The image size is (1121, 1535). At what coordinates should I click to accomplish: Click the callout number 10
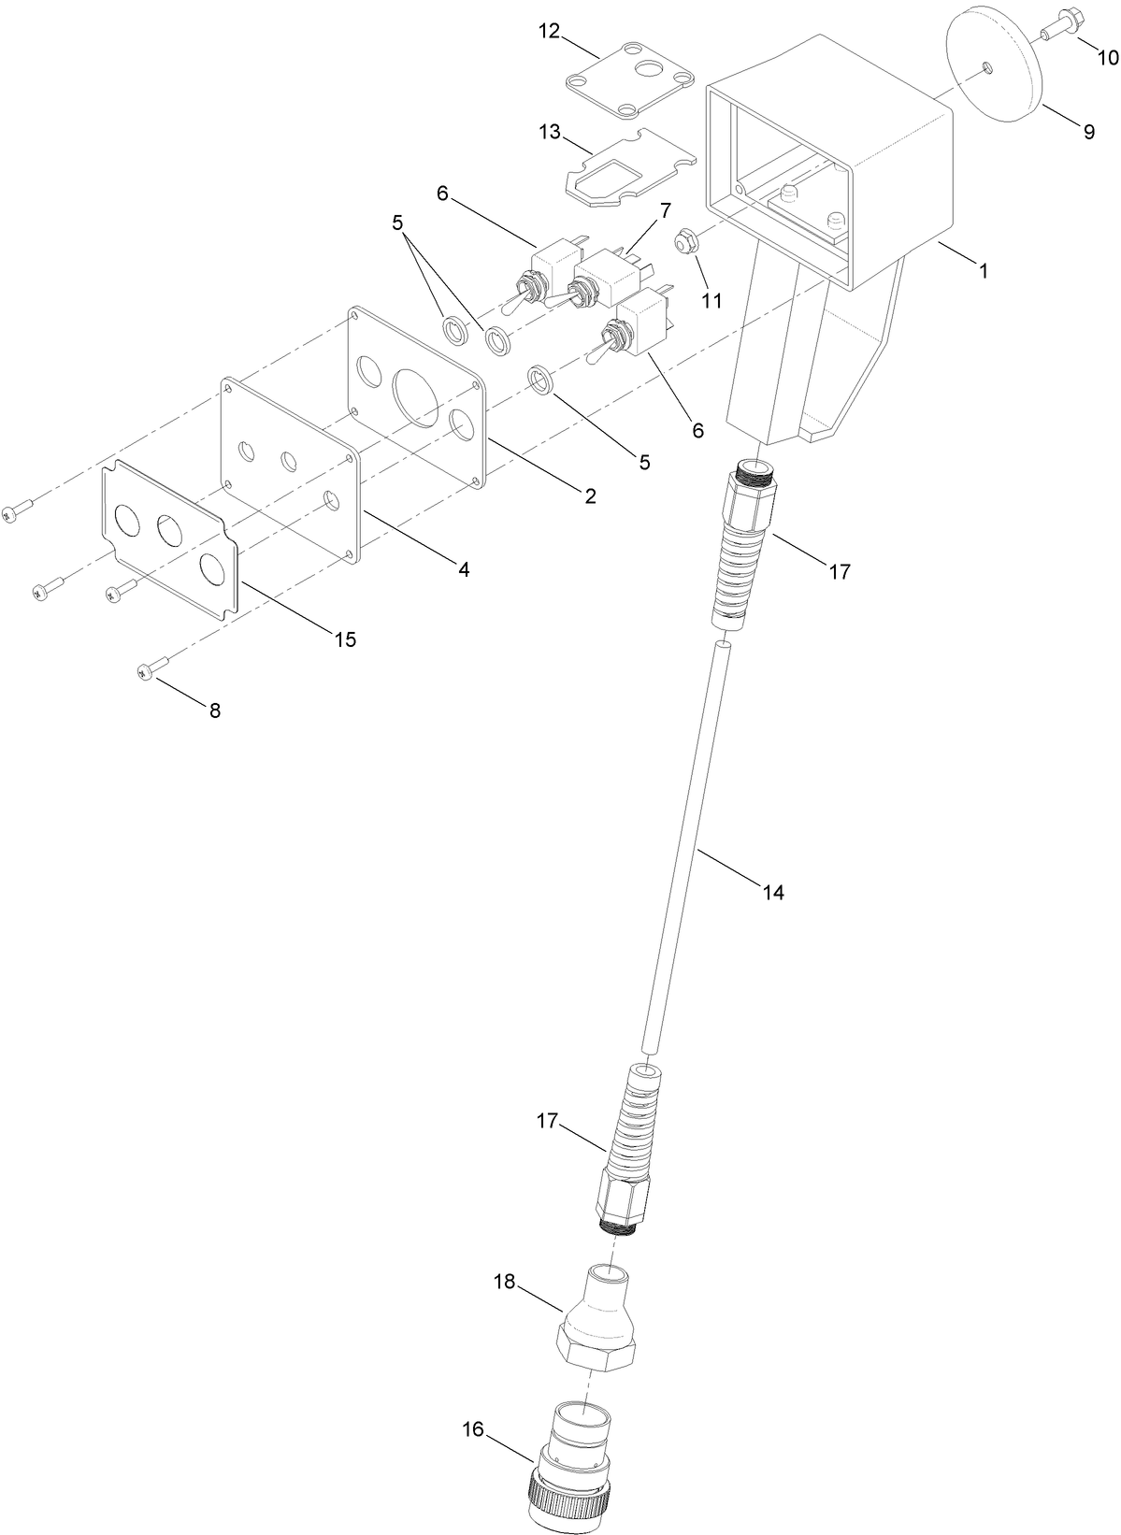click(x=1107, y=58)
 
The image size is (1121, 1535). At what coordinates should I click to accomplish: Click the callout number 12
click(x=549, y=32)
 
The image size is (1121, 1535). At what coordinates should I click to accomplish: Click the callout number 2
click(x=590, y=496)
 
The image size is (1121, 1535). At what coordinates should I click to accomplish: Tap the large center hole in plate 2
click(x=416, y=396)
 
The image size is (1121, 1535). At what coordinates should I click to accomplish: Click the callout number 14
click(x=772, y=892)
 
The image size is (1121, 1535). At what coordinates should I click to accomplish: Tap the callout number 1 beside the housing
click(x=983, y=271)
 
